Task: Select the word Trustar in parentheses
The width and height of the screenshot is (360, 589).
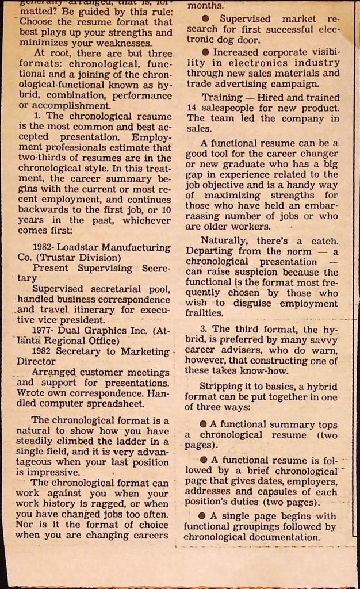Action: pyautogui.click(x=54, y=258)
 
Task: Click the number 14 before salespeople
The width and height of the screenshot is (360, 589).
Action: pyautogui.click(x=193, y=108)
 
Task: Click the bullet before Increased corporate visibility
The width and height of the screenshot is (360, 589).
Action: pyautogui.click(x=206, y=52)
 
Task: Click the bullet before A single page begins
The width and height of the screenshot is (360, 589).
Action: pyautogui.click(x=202, y=516)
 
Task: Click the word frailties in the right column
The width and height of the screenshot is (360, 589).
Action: pyautogui.click(x=204, y=313)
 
